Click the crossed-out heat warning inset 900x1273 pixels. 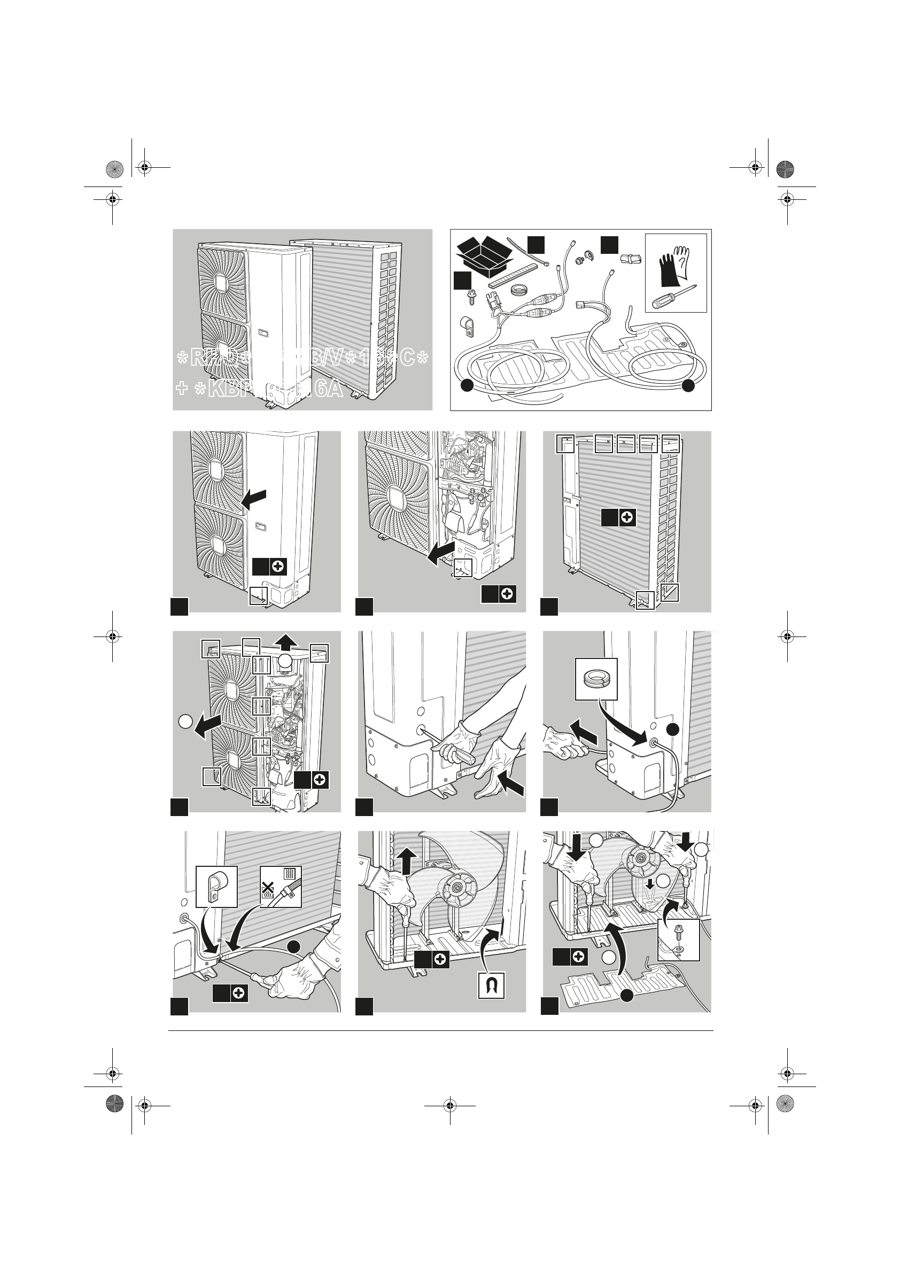tap(281, 886)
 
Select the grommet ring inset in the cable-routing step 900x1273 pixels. tap(596, 679)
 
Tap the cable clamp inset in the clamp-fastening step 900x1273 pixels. tap(217, 887)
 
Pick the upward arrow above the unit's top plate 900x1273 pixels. tap(286, 642)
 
